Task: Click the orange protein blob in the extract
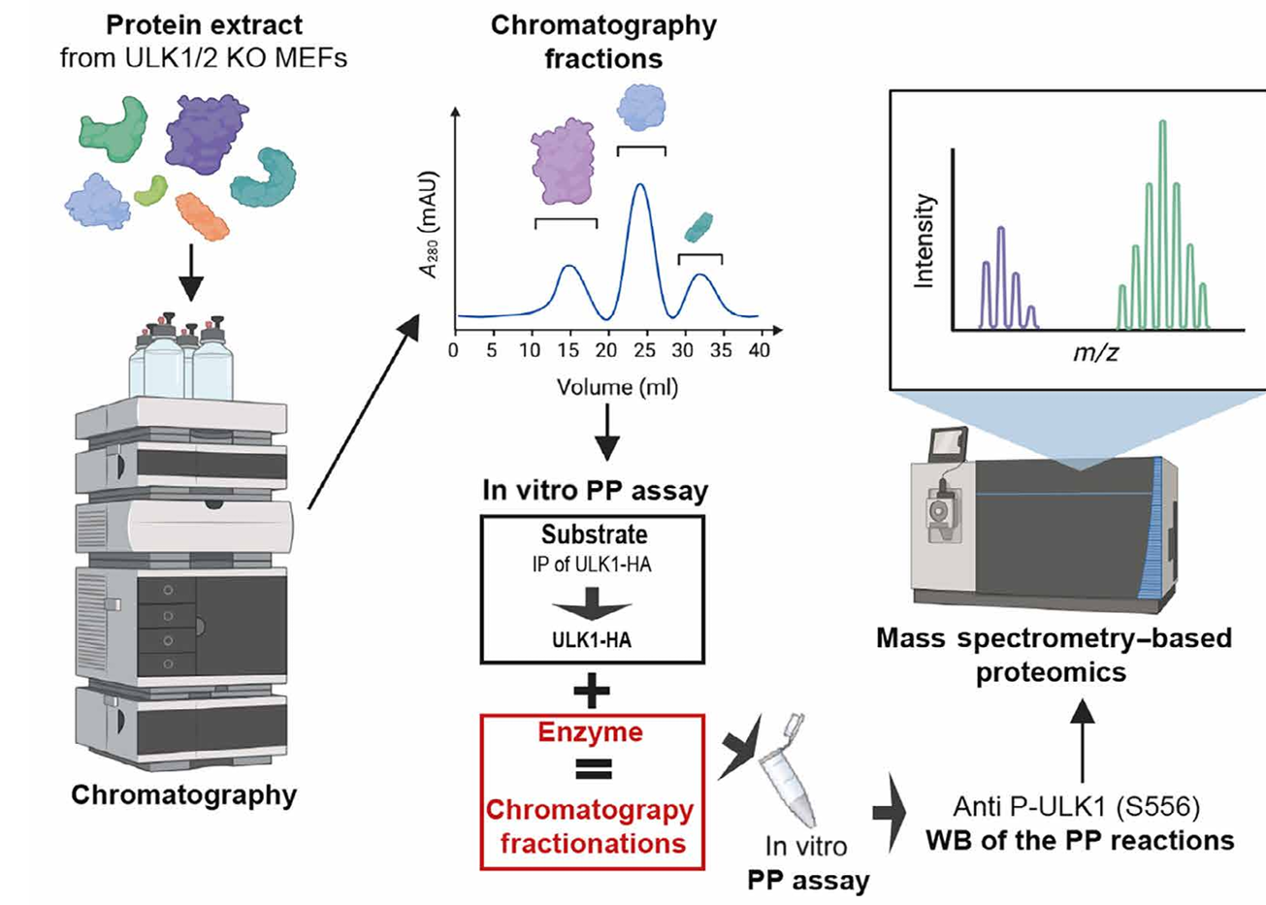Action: (202, 215)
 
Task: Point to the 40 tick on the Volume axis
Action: (760, 350)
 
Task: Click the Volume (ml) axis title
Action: (618, 387)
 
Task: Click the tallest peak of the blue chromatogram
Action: (639, 185)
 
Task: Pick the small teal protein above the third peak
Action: (698, 227)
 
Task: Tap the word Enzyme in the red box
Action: (591, 731)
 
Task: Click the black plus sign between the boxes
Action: (591, 692)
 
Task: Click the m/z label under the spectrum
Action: (1095, 352)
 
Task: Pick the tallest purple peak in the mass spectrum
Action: (1001, 230)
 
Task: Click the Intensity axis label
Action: (925, 241)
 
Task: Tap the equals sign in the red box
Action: (591, 770)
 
